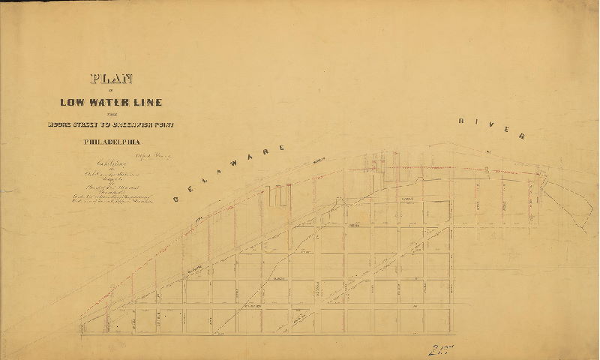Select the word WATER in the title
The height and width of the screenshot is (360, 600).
pyautogui.click(x=115, y=102)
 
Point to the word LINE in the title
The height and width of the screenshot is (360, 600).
pyautogui.click(x=148, y=102)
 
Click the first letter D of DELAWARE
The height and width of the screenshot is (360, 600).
pyautogui.click(x=175, y=199)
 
